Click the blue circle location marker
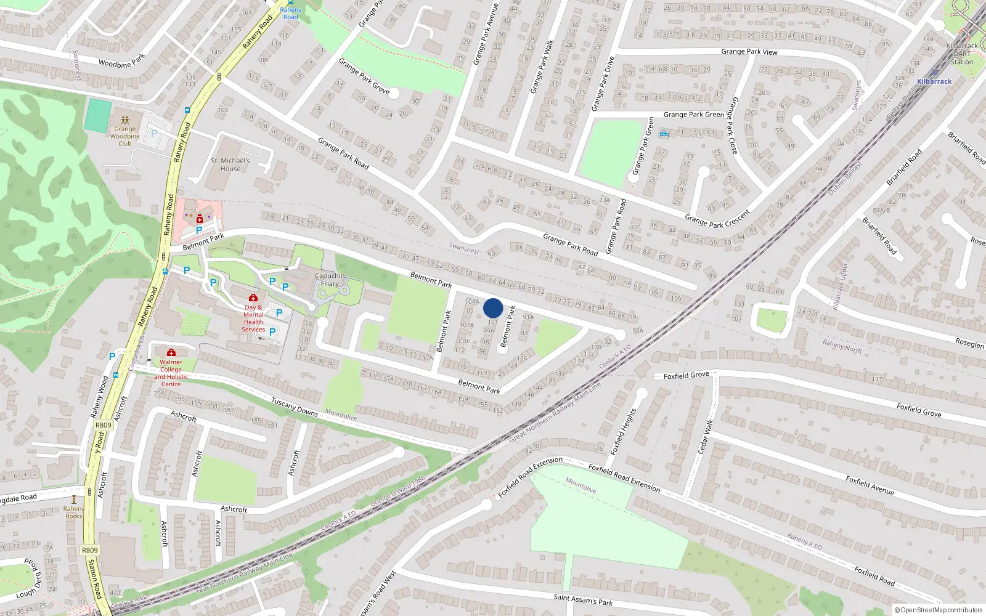493,308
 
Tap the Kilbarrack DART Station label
961,54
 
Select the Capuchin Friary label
330,280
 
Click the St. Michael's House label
230,164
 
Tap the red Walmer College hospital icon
171,352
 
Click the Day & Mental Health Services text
253,318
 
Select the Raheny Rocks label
74,513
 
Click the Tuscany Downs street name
295,407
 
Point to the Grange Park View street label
749,52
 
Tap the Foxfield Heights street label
623,432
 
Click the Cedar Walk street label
706,437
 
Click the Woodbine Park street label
121,60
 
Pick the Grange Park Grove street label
364,76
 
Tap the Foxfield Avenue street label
870,485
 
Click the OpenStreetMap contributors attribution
939,610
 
